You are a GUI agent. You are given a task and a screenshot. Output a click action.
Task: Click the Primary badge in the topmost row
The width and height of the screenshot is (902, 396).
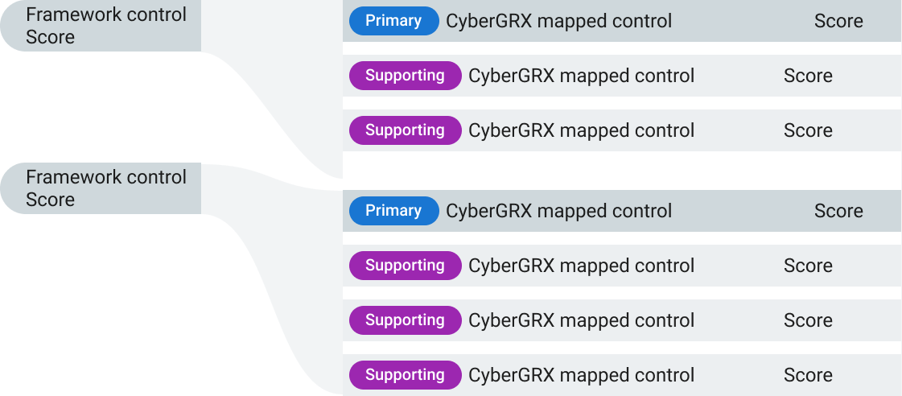coord(393,21)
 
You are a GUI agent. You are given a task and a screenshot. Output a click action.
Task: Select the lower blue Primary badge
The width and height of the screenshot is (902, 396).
coord(393,211)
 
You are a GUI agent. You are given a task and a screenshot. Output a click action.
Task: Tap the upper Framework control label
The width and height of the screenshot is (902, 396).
coord(106,14)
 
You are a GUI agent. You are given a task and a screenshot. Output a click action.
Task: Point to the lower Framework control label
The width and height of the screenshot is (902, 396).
coord(106,177)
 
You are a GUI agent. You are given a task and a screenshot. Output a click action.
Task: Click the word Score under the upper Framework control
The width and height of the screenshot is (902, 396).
coord(50,37)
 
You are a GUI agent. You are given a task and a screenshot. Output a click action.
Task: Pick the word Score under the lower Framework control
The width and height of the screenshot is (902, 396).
coord(50,200)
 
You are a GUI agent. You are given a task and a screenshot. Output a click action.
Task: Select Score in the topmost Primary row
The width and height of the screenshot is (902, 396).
coord(838,21)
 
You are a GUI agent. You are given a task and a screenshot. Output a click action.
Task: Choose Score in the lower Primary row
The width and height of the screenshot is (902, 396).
coord(838,211)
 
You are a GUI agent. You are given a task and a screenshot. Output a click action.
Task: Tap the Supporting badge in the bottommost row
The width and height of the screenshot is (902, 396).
coord(405,375)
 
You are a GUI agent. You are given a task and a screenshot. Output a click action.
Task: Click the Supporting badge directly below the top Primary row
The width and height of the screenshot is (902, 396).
coord(405,76)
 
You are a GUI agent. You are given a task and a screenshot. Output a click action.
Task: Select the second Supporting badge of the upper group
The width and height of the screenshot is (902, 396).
coord(405,130)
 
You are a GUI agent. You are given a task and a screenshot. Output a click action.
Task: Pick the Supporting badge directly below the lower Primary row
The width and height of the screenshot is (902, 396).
coord(405,266)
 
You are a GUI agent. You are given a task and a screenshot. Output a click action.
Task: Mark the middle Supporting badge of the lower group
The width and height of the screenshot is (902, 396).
coord(405,320)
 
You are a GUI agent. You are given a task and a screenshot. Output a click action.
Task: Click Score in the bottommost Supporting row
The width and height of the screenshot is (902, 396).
coord(808,375)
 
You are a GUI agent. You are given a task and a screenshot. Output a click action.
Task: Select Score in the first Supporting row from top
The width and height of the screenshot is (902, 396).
coord(808,76)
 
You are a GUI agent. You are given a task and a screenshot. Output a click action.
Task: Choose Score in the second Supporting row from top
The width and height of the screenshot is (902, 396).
coord(808,130)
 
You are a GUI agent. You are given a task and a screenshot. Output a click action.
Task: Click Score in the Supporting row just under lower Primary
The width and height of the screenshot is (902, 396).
coord(808,266)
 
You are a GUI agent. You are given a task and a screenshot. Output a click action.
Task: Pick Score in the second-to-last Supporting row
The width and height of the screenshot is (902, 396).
coord(808,320)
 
